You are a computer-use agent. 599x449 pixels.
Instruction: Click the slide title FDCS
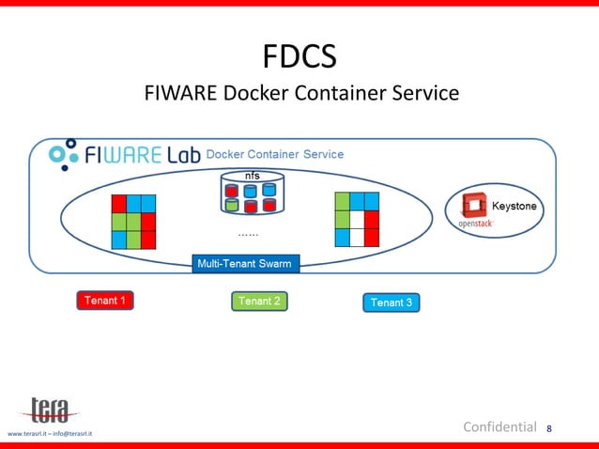(299, 57)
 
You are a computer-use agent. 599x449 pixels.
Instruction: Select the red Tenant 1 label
(105, 301)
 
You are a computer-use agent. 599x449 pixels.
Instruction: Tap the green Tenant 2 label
(259, 301)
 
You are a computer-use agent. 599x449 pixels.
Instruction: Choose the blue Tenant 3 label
(391, 302)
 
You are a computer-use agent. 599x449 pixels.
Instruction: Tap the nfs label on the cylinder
(253, 176)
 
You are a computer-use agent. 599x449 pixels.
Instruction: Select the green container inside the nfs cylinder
(232, 205)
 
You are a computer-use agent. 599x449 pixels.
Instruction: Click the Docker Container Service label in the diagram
(274, 154)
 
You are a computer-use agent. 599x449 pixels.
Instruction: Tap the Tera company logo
(49, 410)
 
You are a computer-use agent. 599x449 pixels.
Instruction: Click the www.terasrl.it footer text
(51, 433)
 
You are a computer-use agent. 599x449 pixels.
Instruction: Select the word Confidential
(499, 427)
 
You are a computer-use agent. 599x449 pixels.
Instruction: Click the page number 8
(549, 429)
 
